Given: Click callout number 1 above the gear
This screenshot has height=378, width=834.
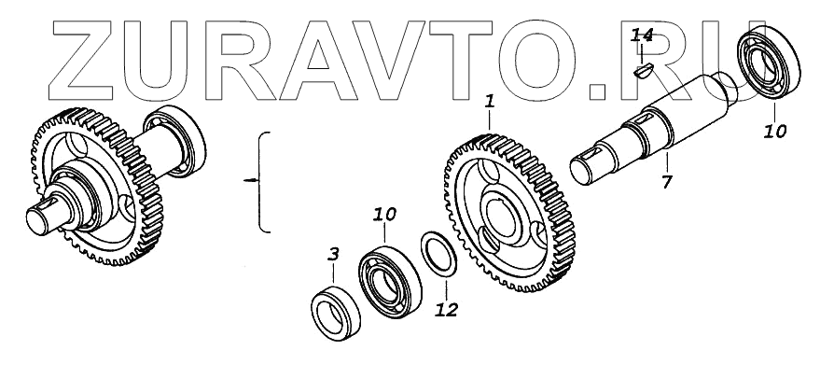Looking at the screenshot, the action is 490,102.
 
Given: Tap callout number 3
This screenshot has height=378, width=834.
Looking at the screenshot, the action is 333,255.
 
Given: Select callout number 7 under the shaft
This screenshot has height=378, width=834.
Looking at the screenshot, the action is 667,182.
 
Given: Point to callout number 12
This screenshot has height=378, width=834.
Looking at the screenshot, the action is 446,309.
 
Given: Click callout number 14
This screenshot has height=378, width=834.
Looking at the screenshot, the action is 641,35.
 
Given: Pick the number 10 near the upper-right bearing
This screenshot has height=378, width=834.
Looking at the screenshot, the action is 774,131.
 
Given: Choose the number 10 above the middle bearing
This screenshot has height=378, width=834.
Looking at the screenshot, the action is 384,215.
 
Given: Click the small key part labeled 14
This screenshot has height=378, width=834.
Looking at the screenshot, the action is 643,71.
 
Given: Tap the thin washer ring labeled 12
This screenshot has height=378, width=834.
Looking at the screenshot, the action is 438,254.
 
